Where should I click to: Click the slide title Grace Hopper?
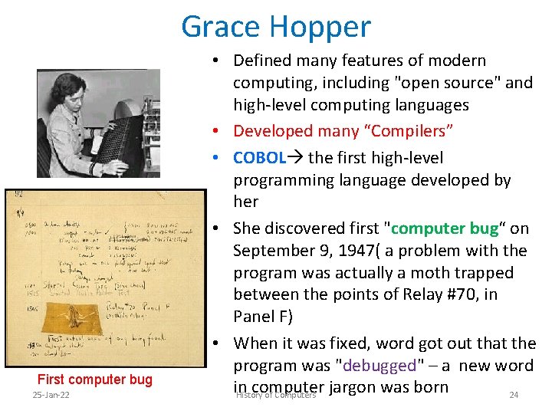[x=276, y=27]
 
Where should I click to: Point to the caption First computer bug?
[x=95, y=379]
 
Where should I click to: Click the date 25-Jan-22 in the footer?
[x=51, y=395]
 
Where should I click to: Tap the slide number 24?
[x=514, y=395]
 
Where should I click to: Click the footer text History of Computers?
[x=276, y=395]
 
